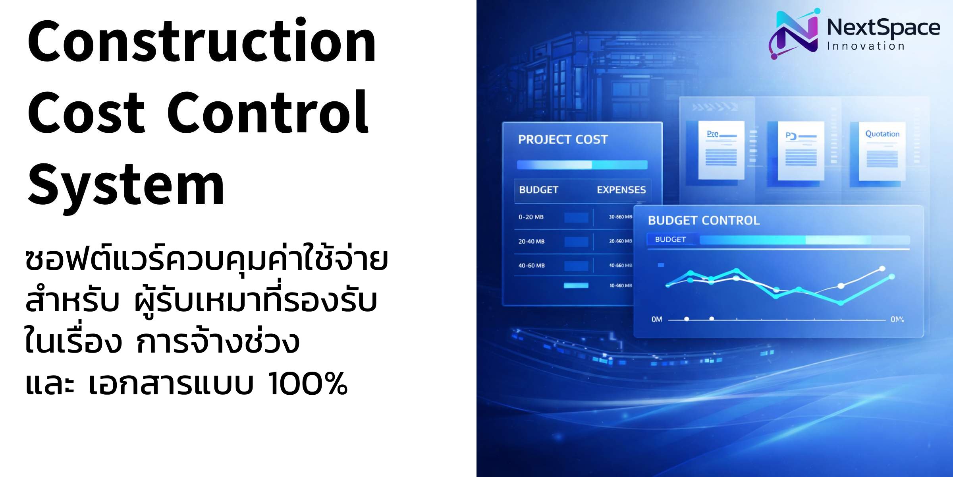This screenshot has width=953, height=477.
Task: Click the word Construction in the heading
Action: [202, 42]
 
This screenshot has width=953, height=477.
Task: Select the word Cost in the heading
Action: [86, 113]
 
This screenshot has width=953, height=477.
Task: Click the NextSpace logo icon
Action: [793, 34]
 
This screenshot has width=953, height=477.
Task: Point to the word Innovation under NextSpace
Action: [866, 47]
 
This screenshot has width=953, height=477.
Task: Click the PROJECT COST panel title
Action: [563, 140]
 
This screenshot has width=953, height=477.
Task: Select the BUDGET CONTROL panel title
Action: [704, 221]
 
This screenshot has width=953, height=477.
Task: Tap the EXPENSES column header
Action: [621, 190]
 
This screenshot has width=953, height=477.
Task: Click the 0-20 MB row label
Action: [531, 217]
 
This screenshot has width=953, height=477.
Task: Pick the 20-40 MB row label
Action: [531, 241]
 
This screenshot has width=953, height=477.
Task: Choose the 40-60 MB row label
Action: [531, 266]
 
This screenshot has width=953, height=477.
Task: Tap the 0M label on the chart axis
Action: [657, 319]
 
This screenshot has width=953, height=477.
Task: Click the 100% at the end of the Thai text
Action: [308, 384]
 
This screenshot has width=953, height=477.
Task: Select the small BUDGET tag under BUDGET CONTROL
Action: [670, 239]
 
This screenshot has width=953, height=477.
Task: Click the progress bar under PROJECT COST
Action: [582, 165]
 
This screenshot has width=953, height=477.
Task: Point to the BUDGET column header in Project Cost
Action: [538, 190]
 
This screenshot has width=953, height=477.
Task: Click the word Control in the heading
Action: [268, 113]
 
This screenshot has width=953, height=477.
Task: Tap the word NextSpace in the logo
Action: [883, 28]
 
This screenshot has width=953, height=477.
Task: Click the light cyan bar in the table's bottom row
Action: [576, 285]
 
